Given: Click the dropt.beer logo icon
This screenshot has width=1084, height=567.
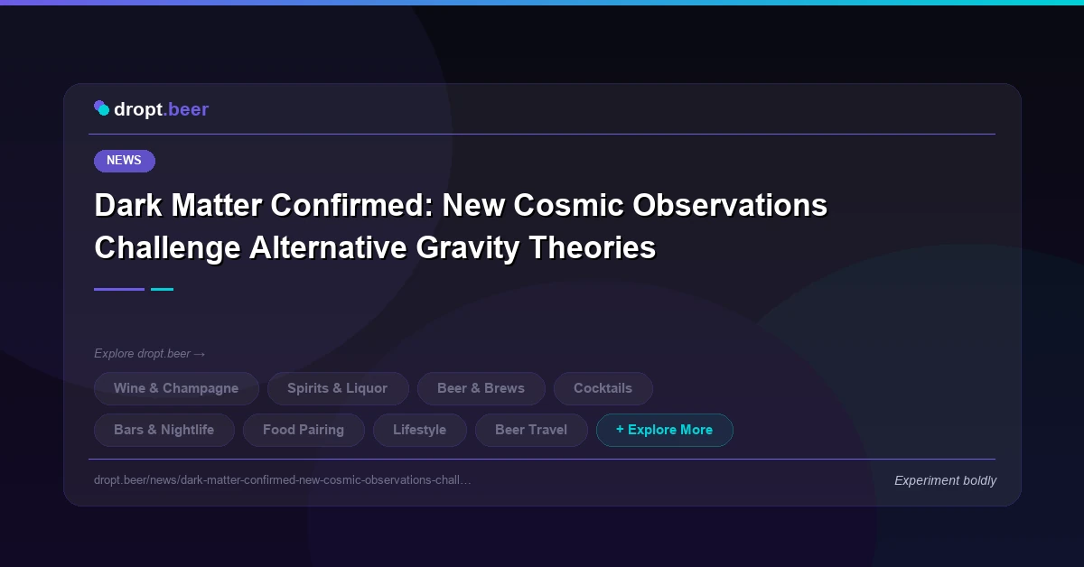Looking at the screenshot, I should pos(102,108).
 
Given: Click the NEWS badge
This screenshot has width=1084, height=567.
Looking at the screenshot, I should pos(125,161).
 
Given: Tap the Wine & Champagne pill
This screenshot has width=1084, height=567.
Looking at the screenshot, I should pos(176,388).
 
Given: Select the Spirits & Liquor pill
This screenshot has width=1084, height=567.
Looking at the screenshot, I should pos(338,388).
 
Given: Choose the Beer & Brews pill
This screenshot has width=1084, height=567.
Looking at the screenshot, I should pos(481,388).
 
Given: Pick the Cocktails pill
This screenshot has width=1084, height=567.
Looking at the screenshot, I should pos(603,388).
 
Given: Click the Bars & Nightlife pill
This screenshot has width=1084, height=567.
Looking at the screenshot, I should pos(164,430).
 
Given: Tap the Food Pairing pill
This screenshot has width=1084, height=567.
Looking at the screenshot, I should pos(304,430).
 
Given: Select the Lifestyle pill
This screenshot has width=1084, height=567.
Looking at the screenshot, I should pos(419,430).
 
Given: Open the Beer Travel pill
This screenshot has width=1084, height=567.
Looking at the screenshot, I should pos(531,430).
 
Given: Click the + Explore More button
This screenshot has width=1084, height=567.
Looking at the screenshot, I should pos(664,430).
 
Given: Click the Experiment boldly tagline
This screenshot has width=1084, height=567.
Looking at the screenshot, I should pos(945,480).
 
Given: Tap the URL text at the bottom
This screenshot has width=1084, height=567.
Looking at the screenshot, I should pos(282,479).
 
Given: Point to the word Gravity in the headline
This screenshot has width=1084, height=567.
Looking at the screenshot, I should pos(463,247).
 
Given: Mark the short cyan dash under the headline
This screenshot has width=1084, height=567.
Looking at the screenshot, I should pos(162,289).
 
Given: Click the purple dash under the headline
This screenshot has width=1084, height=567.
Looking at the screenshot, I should pos(119,289).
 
